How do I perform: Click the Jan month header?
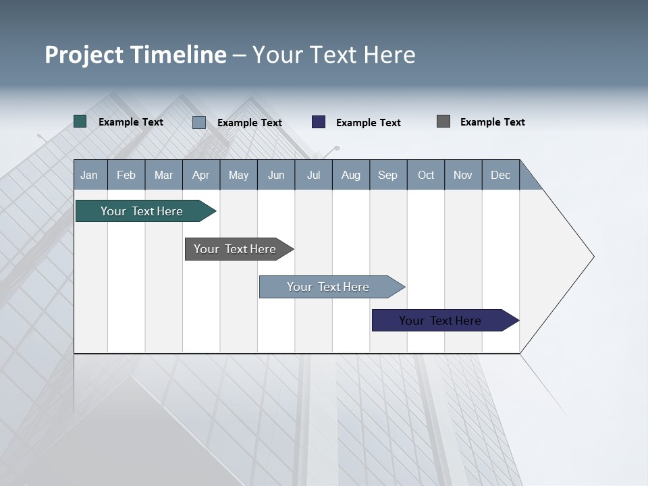point(89,175)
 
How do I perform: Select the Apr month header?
point(201,175)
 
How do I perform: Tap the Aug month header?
point(351,175)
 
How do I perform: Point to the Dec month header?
point(501,175)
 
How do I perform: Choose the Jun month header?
point(276,175)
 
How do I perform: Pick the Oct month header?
point(426,175)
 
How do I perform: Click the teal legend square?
point(80,122)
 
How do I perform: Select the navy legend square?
point(319,122)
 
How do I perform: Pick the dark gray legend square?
point(443,122)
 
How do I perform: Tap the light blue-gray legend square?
point(199,122)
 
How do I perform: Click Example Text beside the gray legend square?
point(492,122)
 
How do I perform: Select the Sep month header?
point(388,175)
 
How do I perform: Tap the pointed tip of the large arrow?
point(592,256)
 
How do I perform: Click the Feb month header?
point(126,175)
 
